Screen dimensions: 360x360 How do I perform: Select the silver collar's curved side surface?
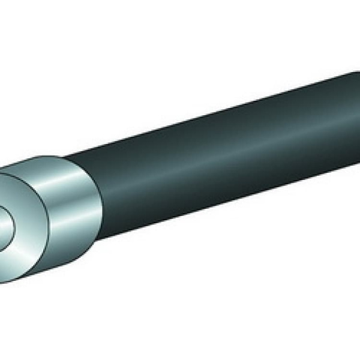[x=66, y=204]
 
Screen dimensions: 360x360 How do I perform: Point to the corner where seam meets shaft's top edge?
[x=65, y=157]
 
